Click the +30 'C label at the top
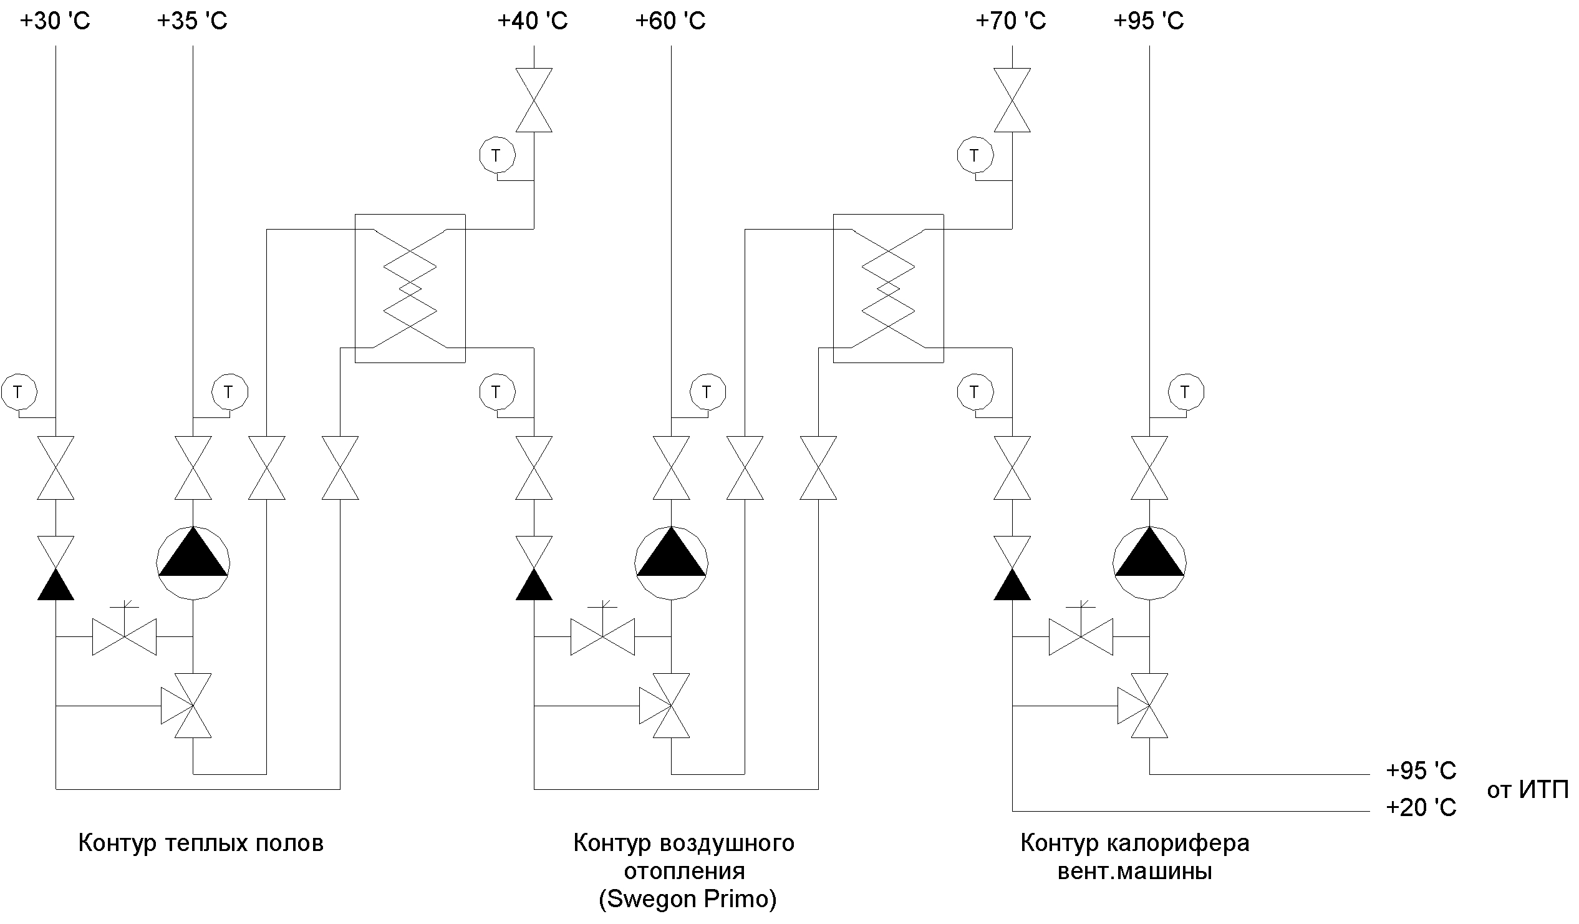point(55,21)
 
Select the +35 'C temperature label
point(191,21)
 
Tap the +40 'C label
point(533,21)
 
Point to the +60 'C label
point(670,21)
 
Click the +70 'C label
point(1011,21)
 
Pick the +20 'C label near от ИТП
point(1421,807)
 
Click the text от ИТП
point(1527,790)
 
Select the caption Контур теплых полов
point(201,843)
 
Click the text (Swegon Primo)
point(687,899)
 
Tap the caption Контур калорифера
point(1135,843)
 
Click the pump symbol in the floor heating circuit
point(193,562)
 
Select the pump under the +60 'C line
point(671,562)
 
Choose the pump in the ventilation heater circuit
point(1149,562)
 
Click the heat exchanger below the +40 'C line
point(410,288)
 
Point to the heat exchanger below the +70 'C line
point(888,288)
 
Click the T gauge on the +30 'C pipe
point(19,392)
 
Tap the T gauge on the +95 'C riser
point(1185,392)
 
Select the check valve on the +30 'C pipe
point(56,568)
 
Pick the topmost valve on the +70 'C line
point(1012,100)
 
